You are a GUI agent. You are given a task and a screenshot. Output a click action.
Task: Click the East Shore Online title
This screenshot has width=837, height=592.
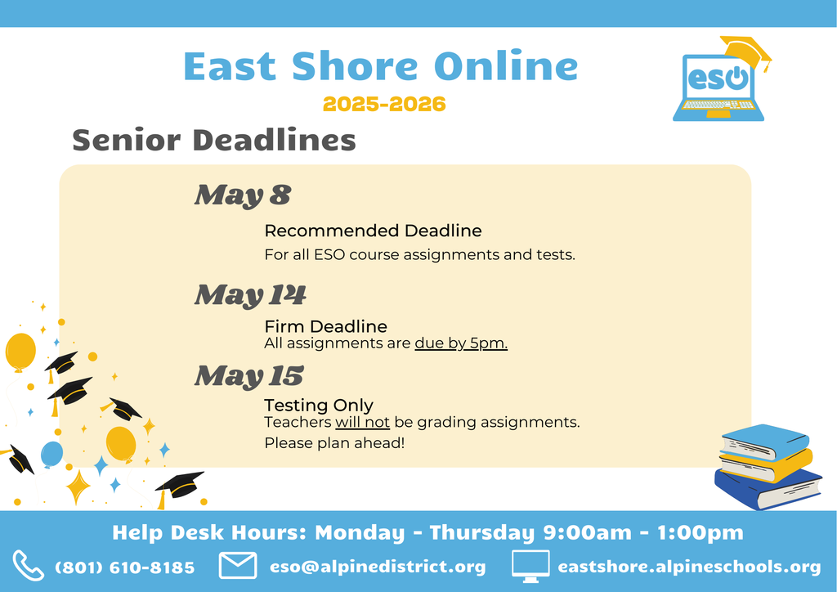380,67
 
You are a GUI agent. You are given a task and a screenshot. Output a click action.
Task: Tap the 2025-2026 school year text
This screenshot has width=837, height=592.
384,105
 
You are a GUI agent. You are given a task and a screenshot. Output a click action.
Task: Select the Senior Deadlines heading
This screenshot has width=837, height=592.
214,140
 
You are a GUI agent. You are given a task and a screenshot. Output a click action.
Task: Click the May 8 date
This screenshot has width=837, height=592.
242,196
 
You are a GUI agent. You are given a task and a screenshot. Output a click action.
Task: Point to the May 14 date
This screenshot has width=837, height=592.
249,295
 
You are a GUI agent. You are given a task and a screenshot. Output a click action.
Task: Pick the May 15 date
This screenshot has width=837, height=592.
248,376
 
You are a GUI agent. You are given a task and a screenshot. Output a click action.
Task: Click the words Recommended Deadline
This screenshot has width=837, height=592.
373,231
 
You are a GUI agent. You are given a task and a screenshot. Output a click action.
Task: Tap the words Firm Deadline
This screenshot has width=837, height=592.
325,327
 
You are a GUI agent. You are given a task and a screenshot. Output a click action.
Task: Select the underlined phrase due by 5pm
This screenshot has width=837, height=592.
461,343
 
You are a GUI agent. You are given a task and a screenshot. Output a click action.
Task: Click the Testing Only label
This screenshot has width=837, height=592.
319,406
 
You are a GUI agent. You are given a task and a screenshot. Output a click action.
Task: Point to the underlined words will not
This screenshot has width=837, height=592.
363,423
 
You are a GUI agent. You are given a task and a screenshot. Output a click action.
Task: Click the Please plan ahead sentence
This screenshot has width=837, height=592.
334,443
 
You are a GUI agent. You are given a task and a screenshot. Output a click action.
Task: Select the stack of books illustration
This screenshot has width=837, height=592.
767,466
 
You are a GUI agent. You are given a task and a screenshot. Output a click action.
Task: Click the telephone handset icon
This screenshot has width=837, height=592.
29,566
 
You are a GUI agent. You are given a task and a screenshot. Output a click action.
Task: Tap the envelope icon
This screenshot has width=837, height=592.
238,566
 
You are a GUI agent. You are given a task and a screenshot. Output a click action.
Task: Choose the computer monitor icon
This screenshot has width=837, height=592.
530,566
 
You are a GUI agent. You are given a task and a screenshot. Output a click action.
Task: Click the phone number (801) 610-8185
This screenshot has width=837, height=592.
125,567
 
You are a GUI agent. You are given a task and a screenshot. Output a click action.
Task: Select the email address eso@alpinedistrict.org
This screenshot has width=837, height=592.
378,567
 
